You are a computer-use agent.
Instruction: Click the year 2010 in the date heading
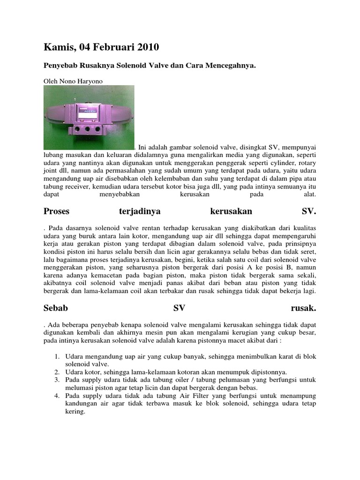pyautogui.click(x=147, y=47)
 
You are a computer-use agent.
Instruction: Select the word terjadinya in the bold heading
pyautogui.click(x=140, y=211)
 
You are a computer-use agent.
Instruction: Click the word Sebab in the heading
pyautogui.click(x=56, y=308)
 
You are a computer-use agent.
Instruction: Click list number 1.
pyautogui.click(x=57, y=356)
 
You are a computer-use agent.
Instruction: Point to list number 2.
pyautogui.click(x=57, y=372)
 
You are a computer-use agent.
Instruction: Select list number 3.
pyautogui.click(x=57, y=380)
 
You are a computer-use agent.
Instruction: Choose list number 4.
pyautogui.click(x=57, y=396)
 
